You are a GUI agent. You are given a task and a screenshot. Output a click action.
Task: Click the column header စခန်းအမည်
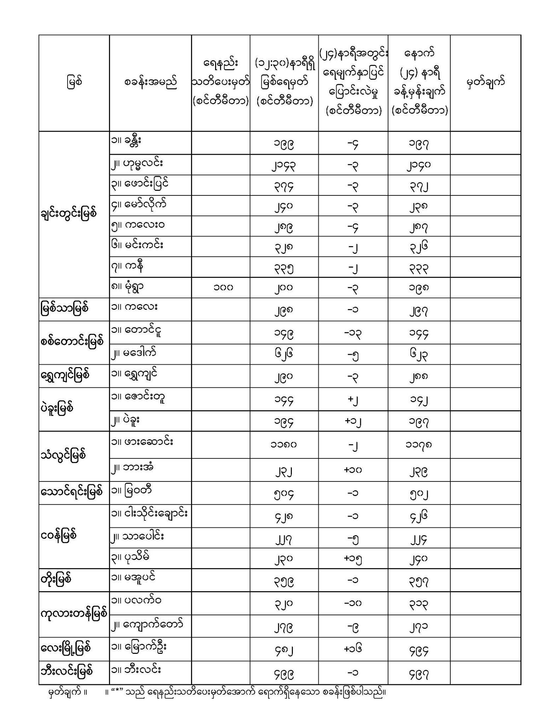coord(150,82)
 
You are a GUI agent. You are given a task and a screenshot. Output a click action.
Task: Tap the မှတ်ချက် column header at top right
coord(485,82)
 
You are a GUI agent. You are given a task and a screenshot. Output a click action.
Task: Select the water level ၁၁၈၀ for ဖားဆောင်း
coord(284,444)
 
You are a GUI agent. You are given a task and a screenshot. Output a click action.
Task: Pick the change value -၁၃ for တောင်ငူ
coord(353,333)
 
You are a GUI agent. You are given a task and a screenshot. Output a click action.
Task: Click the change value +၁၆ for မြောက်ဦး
coord(353,649)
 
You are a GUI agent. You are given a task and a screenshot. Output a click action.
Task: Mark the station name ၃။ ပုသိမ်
coord(130,557)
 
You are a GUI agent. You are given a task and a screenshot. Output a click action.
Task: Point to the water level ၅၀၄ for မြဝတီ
coord(284,493)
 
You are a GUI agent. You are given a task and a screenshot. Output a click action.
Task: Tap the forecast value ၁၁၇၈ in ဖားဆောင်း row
coord(419,444)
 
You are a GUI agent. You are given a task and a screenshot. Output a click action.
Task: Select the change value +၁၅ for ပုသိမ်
coord(353,558)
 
